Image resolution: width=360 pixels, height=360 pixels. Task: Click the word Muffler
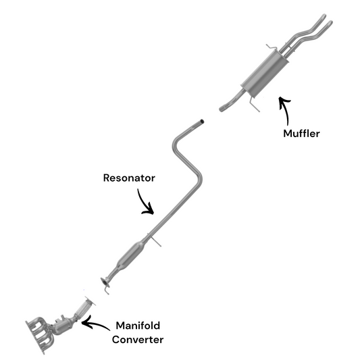coord(301,133)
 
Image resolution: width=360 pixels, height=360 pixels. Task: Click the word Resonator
coord(129,178)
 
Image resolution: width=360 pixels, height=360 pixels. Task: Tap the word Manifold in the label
coord(138,326)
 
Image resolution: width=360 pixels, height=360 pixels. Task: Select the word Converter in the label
coord(138,340)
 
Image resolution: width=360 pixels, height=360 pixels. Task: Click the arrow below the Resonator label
coord(143,203)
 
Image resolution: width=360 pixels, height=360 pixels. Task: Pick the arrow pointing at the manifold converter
coord(95,324)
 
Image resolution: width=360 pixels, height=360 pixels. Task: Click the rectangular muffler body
coord(265,73)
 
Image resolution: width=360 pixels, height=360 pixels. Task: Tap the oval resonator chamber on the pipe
coord(131,254)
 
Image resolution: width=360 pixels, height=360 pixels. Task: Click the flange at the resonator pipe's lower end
coord(105,282)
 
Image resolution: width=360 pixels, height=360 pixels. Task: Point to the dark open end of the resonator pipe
coord(202,121)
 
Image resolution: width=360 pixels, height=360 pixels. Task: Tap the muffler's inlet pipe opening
coord(222,108)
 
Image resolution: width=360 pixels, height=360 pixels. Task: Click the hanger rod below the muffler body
coord(255,105)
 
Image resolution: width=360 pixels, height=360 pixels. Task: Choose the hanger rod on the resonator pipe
coord(154,240)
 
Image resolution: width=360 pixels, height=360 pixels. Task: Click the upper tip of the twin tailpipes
coord(324,16)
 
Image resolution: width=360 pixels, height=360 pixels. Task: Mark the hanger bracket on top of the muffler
coord(272,47)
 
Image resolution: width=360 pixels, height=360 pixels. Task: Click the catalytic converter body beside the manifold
coord(62,326)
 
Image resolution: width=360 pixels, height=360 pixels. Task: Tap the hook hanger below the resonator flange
coord(107,290)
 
